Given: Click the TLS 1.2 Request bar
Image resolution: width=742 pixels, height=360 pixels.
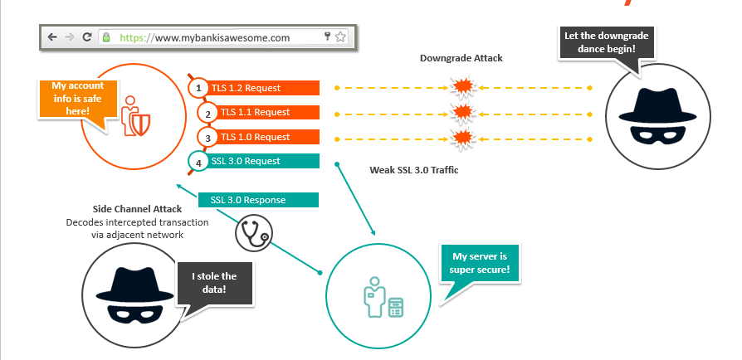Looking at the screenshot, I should [261, 87].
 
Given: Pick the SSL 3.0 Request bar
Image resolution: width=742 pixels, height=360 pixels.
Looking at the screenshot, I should [261, 161].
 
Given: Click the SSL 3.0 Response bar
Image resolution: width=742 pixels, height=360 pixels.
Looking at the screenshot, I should [259, 200].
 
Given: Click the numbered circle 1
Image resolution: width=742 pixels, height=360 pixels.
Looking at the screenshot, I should [198, 87].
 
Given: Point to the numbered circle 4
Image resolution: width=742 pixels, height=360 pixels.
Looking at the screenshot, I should [198, 162].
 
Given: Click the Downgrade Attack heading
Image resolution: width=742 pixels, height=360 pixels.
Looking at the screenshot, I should [461, 58].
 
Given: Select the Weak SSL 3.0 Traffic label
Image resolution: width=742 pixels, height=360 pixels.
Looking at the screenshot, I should [413, 170].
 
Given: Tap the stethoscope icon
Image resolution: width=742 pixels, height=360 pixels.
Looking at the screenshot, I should [253, 234].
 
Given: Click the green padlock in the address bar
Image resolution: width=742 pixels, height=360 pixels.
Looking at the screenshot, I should [106, 37].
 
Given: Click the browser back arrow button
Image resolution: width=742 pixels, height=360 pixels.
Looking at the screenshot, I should [52, 37].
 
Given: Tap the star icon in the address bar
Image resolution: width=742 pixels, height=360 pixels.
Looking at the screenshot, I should [341, 37].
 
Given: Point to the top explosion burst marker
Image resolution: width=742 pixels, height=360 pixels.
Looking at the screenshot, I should [461, 86].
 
